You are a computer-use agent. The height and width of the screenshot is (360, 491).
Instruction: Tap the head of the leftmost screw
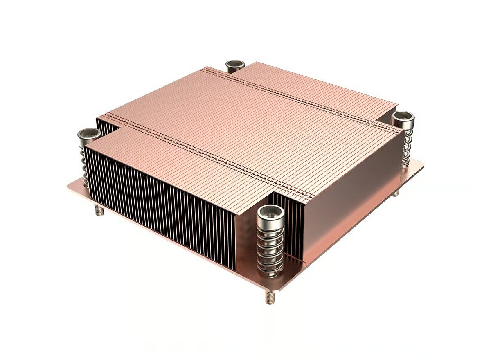pyautogui.click(x=90, y=134)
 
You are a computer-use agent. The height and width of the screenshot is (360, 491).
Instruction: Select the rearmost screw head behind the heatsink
pyautogui.click(x=235, y=65)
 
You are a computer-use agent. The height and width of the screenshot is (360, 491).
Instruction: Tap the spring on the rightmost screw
pyautogui.click(x=406, y=147)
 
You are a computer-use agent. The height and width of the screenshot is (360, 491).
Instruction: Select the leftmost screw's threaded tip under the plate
pyautogui.click(x=99, y=211)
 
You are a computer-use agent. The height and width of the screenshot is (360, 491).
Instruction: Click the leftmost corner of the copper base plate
pyautogui.click(x=69, y=186)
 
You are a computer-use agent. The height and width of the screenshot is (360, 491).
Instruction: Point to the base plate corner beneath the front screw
pyautogui.click(x=278, y=289)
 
